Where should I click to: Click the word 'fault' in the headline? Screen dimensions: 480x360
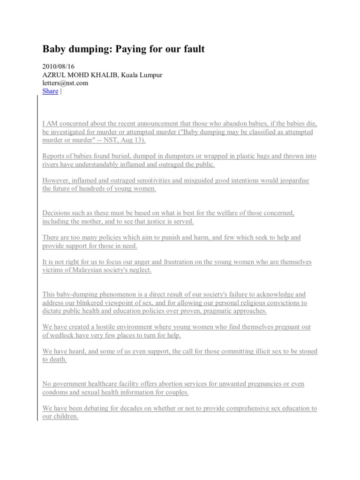[x=193, y=49]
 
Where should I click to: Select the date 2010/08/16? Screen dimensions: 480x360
[x=59, y=67]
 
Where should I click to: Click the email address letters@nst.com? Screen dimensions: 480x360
[x=65, y=83]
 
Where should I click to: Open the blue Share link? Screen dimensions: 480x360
[x=50, y=91]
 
